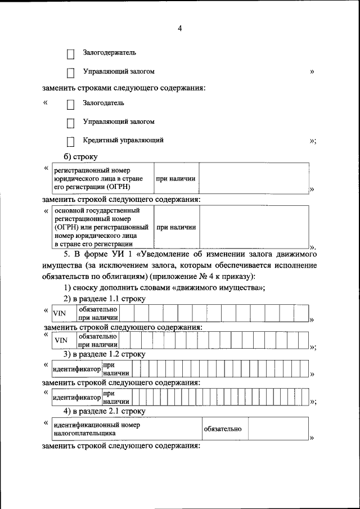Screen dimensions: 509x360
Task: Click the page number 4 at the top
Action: pos(180,29)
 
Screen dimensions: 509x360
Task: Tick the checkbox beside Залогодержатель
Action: pos(71,54)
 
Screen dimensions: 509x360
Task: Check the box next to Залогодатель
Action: pos(71,105)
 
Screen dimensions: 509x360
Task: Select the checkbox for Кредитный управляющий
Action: pos(71,142)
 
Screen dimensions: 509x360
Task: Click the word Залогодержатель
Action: pos(109,53)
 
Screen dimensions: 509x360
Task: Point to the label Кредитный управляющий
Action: pos(123,140)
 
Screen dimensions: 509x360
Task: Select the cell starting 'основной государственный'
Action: pos(102,227)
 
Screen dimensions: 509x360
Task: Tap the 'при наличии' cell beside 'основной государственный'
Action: pos(176,227)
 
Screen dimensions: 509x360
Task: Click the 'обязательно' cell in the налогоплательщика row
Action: pos(223,429)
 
